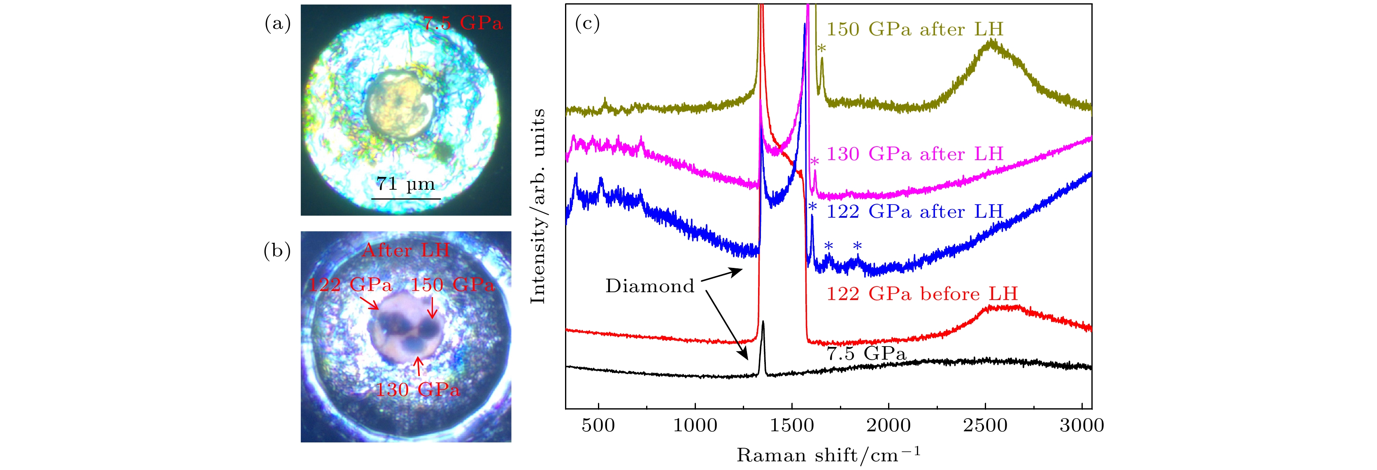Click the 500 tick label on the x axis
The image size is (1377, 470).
point(598,426)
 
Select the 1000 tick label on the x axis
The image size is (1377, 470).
point(695,426)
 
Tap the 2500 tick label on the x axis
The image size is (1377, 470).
point(985,426)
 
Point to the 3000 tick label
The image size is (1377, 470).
point(1082,426)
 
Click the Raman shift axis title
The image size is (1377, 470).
point(828,455)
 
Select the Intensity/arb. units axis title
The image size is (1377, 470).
point(537,206)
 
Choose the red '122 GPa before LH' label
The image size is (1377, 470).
point(922,293)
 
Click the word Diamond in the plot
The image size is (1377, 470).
point(649,286)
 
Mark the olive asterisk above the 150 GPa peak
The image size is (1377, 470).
point(821,49)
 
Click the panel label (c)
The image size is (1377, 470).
point(587,23)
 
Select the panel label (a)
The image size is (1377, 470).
point(278,23)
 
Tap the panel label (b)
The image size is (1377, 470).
point(277,250)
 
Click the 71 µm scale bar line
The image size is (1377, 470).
point(406,199)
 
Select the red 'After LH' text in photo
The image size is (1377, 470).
point(406,250)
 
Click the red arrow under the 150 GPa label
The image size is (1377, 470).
point(433,308)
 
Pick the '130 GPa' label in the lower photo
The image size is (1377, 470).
point(417,390)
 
